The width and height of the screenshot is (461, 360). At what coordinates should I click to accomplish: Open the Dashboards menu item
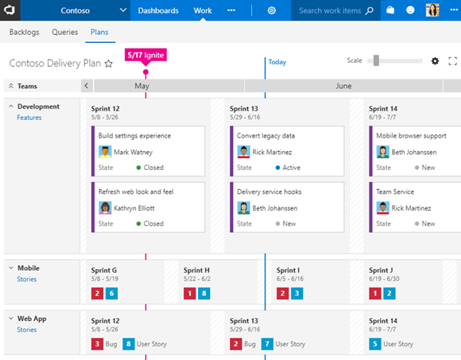pos(158,10)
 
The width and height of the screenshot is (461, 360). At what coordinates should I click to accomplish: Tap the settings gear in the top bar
pos(272,10)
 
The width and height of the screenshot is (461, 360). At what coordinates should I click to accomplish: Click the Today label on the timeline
pos(277,62)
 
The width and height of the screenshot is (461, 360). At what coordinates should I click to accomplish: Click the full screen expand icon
pos(453,61)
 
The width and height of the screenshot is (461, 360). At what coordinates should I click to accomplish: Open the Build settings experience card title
pos(134,136)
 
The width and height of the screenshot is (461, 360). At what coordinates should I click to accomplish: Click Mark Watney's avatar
pos(105,152)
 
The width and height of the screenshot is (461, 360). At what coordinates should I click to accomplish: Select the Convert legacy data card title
pos(265,136)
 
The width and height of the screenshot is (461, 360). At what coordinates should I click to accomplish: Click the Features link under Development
pos(29,118)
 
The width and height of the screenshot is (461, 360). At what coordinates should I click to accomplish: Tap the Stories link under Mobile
pos(27,279)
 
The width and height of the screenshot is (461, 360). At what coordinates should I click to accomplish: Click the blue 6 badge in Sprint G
pos(111,293)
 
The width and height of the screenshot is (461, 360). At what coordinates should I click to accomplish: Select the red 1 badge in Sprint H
pos(189,293)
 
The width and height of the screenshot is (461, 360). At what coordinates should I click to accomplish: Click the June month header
pos(343,86)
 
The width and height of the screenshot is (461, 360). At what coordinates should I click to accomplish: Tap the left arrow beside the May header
pos(87,86)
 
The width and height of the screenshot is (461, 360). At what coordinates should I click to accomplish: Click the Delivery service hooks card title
pos(269,192)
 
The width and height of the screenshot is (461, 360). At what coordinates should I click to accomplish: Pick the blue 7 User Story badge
pos(268,344)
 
